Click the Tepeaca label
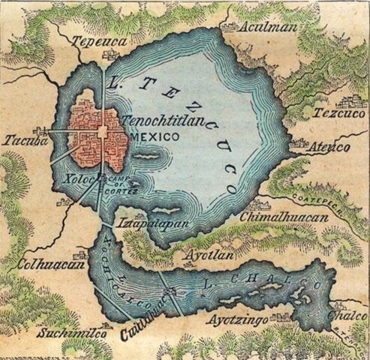click(98, 43)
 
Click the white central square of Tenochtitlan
click(103, 133)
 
